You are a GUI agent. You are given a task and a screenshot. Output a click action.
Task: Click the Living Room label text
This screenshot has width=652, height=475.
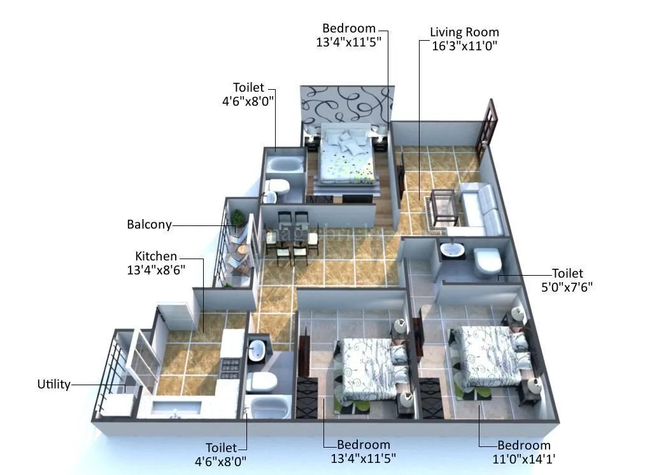[x=464, y=32]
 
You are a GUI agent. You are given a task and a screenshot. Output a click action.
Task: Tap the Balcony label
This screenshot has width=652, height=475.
[x=149, y=225]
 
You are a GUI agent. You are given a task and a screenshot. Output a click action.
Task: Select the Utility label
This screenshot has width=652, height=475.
[x=53, y=385]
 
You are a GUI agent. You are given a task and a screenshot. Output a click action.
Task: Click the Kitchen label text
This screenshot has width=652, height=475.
[x=156, y=256]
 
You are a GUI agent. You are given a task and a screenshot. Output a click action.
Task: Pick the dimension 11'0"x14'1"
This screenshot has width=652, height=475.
[x=524, y=458]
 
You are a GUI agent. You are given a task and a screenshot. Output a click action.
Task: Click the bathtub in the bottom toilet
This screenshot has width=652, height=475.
[x=267, y=406]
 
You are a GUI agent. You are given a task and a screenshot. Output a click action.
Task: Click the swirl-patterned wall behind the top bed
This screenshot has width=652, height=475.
[x=344, y=105]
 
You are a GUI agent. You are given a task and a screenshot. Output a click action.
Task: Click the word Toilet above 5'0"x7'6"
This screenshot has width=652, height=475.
[x=567, y=274]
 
